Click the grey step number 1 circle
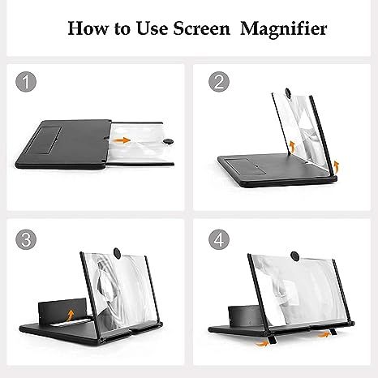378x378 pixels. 28,83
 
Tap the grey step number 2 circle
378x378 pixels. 217,83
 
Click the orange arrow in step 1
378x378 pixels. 120,140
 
